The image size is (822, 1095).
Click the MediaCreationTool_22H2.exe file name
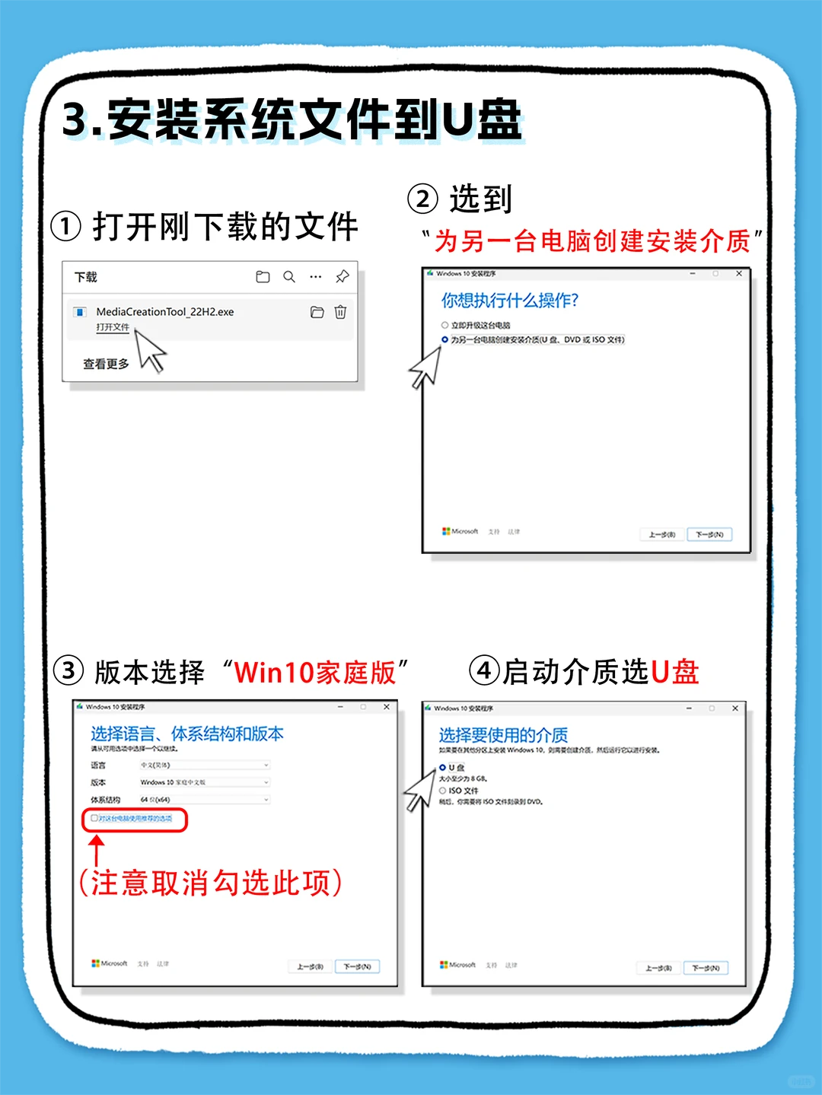164,312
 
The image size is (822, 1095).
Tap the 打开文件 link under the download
113,327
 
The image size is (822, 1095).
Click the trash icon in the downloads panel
340,312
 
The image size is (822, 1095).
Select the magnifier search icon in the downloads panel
289,277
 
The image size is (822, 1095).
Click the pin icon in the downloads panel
342,277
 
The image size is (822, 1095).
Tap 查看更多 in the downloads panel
106,364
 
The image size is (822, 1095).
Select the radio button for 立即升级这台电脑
445,325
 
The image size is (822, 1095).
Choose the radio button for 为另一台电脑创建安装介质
445,339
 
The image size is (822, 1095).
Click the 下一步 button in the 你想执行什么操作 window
709,534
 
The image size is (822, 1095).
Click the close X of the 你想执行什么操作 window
738,273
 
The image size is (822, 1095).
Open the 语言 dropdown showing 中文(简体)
204,765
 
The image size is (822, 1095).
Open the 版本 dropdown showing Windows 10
204,782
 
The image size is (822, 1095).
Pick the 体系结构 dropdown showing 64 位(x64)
204,800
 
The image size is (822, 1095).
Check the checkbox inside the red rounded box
94,819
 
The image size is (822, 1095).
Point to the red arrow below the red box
96,848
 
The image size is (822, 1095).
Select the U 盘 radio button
443,768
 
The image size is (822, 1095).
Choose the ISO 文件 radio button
443,791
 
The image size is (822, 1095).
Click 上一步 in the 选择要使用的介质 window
658,968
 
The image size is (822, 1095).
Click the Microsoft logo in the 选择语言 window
96,963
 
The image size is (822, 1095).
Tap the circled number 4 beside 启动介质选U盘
484,671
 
